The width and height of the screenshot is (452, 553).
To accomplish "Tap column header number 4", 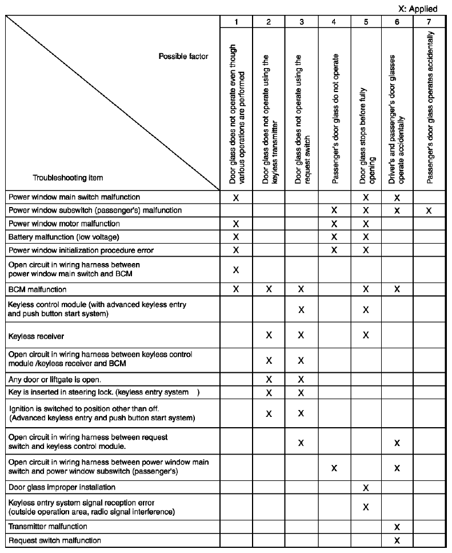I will click(334, 22).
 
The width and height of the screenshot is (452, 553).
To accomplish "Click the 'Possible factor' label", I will click(184, 56).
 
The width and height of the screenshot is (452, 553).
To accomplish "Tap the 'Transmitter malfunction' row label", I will click(48, 526).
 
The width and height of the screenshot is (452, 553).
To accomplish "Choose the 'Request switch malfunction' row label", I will click(54, 540).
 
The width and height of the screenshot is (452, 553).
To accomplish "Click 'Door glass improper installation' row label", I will click(62, 487).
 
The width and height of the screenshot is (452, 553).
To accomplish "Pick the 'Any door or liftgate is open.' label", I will click(54, 379).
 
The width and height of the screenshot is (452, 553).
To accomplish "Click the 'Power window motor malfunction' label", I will click(64, 223).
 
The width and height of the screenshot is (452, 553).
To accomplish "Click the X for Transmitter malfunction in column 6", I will click(397, 526).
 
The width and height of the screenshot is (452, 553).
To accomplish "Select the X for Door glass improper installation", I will click(366, 488).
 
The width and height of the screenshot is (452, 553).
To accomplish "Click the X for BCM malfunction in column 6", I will click(397, 289).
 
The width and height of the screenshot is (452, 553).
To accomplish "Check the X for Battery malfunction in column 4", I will click(334, 237).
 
